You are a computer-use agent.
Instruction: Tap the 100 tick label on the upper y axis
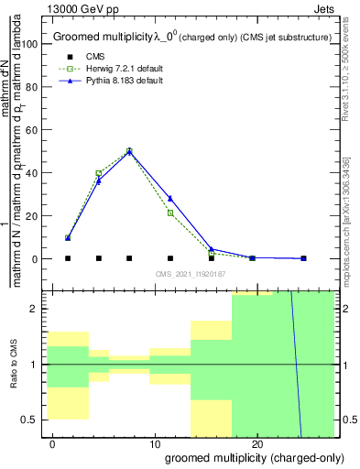pos(29,44)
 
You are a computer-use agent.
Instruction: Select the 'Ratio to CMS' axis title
pos(13,364)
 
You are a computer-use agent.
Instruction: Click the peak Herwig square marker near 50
pos(129,150)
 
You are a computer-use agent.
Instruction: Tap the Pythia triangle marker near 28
pos(170,199)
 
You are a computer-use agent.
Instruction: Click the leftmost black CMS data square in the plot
pos(68,258)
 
